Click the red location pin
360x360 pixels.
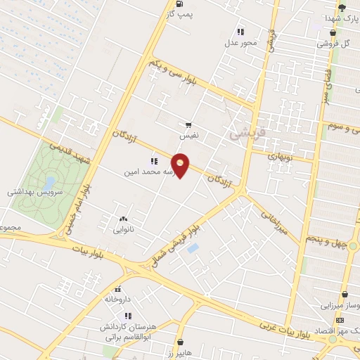tap(181, 165)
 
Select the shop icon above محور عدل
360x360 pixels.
tap(240, 31)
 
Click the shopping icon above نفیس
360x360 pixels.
tap(188, 124)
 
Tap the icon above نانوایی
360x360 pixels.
tap(124, 219)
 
